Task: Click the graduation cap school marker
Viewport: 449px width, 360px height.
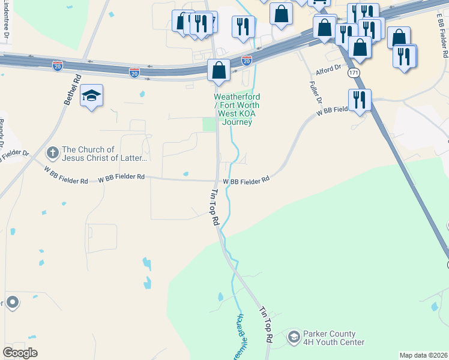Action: (91, 96)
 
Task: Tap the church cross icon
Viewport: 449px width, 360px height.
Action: (53, 152)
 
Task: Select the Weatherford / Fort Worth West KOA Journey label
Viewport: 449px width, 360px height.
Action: (237, 110)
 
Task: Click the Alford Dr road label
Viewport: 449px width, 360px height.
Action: (328, 68)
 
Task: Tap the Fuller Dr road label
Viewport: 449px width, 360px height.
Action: (315, 92)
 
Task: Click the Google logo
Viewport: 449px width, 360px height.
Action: (20, 353)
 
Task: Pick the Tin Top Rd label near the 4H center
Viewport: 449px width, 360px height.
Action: (266, 326)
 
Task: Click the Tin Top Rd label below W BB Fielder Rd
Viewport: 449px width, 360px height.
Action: (214, 208)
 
